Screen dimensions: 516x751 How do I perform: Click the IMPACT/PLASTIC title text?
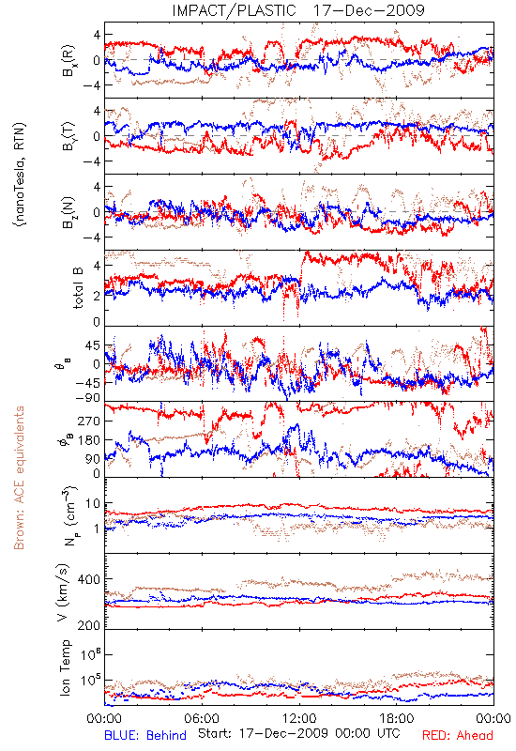[x=234, y=10]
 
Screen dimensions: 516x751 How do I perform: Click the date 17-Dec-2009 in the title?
[x=369, y=10]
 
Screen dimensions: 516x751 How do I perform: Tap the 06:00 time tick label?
[x=202, y=718]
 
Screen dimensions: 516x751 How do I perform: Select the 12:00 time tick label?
[x=299, y=718]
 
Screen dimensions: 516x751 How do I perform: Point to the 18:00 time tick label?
[x=397, y=718]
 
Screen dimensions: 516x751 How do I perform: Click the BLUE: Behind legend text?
[x=145, y=735]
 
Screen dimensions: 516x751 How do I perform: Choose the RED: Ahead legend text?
[x=457, y=735]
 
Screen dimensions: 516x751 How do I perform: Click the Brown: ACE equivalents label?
[x=19, y=478]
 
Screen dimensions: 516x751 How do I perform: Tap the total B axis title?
[x=77, y=287]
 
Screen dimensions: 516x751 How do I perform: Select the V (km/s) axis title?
[x=64, y=593]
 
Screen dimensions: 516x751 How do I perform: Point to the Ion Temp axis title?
[x=65, y=667]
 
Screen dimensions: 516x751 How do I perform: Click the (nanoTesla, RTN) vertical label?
[x=21, y=175]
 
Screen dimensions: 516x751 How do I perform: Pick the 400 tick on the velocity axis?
[x=89, y=579]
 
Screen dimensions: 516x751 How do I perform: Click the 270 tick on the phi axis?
[x=89, y=421]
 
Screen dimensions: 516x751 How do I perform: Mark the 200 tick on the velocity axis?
[x=89, y=625]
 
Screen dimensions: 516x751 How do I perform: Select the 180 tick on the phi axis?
[x=89, y=439]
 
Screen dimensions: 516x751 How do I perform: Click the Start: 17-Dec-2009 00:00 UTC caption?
[x=299, y=733]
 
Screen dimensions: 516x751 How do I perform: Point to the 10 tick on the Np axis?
[x=93, y=503]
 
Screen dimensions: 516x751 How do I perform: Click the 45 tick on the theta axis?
[x=93, y=345]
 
